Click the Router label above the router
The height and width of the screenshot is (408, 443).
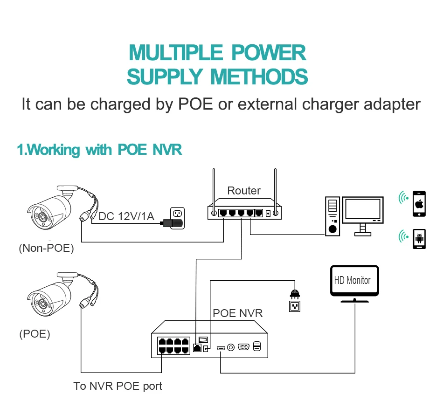point(243,191)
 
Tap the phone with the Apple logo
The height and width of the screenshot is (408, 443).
point(419,203)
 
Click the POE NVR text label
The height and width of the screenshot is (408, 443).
point(237,313)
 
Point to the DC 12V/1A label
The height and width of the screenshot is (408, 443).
point(126,216)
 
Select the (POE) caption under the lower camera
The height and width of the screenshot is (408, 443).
point(35,334)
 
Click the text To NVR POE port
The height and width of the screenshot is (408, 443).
point(118,386)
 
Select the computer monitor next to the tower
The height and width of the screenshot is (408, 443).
point(363,211)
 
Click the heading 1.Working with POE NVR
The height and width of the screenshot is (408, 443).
point(99,150)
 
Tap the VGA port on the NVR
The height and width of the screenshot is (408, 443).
point(243,346)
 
